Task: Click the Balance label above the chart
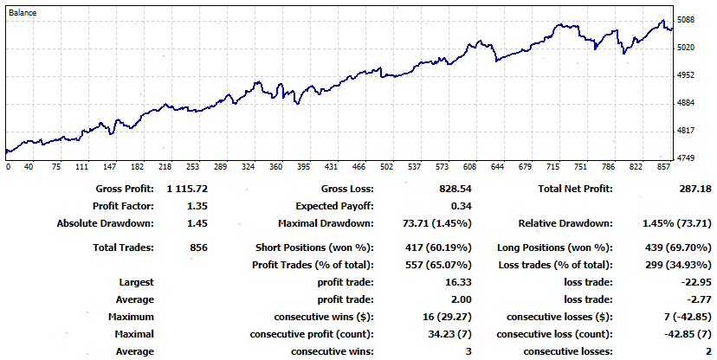click(x=23, y=14)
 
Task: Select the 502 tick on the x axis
click(x=386, y=167)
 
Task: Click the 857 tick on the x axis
click(x=662, y=167)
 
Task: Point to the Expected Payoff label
click(x=334, y=206)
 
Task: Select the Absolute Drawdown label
click(x=105, y=223)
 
